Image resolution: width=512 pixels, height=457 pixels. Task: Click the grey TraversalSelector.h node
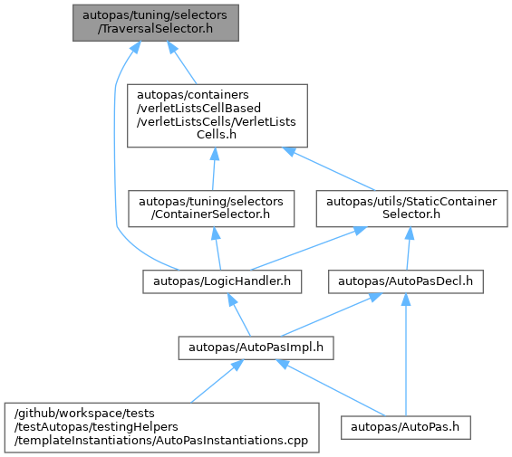tap(156, 23)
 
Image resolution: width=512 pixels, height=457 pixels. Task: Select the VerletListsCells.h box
tap(217, 116)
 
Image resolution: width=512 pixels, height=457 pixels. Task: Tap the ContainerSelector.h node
tap(211, 209)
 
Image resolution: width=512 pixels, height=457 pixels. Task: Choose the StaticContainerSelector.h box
tap(411, 209)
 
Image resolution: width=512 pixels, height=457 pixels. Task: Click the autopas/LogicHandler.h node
tap(222, 281)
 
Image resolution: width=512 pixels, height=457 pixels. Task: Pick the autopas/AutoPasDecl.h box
tap(406, 281)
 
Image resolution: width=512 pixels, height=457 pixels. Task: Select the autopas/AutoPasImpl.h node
tap(256, 348)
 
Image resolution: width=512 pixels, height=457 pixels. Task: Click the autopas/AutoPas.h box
tap(406, 428)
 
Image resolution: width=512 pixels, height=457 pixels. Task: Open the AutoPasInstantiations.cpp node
tap(161, 428)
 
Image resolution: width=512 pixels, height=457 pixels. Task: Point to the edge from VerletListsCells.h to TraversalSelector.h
tap(182, 62)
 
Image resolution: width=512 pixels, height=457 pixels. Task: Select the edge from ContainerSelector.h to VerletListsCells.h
tap(214, 168)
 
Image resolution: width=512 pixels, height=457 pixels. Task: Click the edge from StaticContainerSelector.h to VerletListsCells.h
tap(329, 169)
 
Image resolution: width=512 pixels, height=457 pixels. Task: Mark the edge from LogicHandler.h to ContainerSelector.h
tap(217, 249)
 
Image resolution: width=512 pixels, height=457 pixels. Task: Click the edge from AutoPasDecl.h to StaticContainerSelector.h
tap(408, 249)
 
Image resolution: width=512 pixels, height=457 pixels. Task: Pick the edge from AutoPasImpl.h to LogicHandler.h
tap(239, 315)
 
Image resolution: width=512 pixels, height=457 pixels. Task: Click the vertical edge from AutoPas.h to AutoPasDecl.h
tap(406, 355)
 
